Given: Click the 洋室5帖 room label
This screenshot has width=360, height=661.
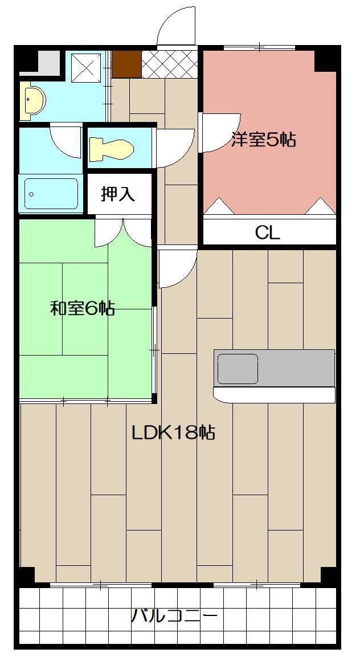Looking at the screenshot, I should point(264,140).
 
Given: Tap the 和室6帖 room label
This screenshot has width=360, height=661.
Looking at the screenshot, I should point(83,309).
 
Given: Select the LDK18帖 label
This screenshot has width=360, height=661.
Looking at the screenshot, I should point(173,433).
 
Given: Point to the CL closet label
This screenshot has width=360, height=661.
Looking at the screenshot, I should point(268,232).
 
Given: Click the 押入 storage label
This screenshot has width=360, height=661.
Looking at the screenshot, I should point(118,194).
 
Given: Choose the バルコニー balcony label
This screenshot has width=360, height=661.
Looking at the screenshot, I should point(175,617).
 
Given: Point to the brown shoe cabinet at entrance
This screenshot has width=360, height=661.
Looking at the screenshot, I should point(126,64).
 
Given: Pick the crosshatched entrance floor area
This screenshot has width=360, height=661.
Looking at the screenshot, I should point(169,64).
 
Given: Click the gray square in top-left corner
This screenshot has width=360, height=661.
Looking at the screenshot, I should point(48,63).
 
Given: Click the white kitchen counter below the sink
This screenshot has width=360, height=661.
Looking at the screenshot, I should point(273,394).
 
